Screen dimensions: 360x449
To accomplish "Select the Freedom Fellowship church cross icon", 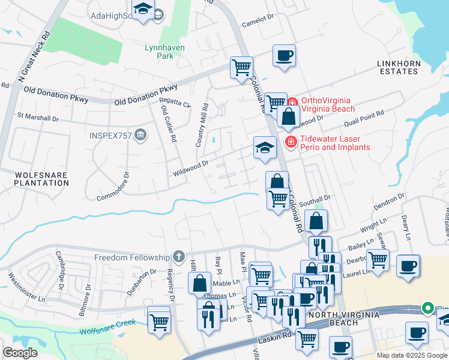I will coord(178,257).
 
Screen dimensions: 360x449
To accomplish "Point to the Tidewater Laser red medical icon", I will coord(291,142).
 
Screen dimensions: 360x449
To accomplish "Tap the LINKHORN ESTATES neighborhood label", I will coord(397,67).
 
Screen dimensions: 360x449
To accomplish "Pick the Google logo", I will coord(20,352).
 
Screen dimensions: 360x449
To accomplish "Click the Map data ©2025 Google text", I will coord(411,355).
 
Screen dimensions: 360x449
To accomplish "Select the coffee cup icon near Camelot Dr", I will coord(284,56).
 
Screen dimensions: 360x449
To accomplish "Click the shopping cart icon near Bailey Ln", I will coord(378,260).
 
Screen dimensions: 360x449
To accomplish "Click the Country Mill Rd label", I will coord(201,125).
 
